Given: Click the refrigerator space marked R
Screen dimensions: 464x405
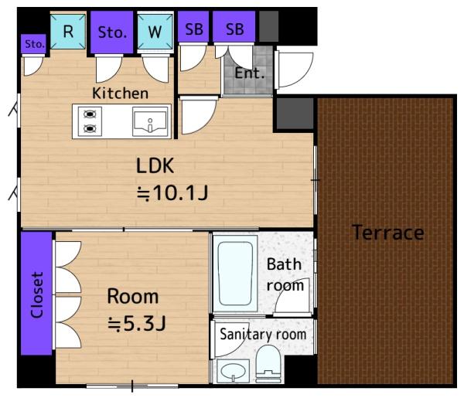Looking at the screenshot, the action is (x=68, y=32).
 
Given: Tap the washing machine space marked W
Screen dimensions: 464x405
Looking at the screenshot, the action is (x=155, y=32).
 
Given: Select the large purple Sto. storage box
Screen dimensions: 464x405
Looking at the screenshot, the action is (x=112, y=32).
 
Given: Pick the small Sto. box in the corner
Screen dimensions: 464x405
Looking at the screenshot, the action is (x=34, y=44).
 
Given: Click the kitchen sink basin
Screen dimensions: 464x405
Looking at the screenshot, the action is (x=150, y=121).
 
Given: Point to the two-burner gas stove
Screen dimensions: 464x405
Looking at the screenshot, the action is (x=90, y=121).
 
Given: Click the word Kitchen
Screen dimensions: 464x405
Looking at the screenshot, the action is (x=120, y=94).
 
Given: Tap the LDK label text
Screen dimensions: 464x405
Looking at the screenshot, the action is (x=155, y=165).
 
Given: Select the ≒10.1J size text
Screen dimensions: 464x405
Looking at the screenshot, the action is (x=172, y=193).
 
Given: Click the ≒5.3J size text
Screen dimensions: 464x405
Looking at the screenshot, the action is (x=136, y=323).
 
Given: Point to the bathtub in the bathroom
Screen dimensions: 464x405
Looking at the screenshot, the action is (x=235, y=274).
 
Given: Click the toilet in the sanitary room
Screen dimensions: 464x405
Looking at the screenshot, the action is (x=268, y=364).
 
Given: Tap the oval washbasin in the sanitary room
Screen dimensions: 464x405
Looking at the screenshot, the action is (x=234, y=371).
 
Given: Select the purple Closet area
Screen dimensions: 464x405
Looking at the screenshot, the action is (x=36, y=293).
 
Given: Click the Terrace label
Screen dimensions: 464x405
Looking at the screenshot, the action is (x=388, y=233).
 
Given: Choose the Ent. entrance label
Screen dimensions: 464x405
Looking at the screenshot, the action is (x=249, y=73).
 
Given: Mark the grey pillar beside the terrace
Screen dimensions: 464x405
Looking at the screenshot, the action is (x=295, y=114).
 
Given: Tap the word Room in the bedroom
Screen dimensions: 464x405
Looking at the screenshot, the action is (x=132, y=296).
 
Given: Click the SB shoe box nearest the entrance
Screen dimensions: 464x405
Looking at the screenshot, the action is (x=234, y=29).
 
